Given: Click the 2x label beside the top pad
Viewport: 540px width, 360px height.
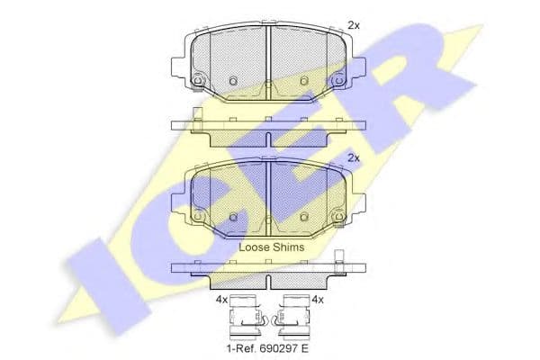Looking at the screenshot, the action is click(x=354, y=25).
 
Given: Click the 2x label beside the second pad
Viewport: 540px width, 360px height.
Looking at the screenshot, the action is click(x=354, y=158).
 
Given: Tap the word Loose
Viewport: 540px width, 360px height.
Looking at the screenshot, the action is click(x=254, y=247).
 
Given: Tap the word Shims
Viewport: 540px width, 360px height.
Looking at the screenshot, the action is click(x=289, y=247).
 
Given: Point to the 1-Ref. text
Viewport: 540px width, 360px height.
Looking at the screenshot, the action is click(x=239, y=348).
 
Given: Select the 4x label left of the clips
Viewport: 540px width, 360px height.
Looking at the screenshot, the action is click(x=221, y=300).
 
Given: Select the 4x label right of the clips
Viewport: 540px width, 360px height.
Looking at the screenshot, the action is click(x=318, y=300).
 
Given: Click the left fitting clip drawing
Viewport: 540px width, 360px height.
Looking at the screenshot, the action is click(x=247, y=318).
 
